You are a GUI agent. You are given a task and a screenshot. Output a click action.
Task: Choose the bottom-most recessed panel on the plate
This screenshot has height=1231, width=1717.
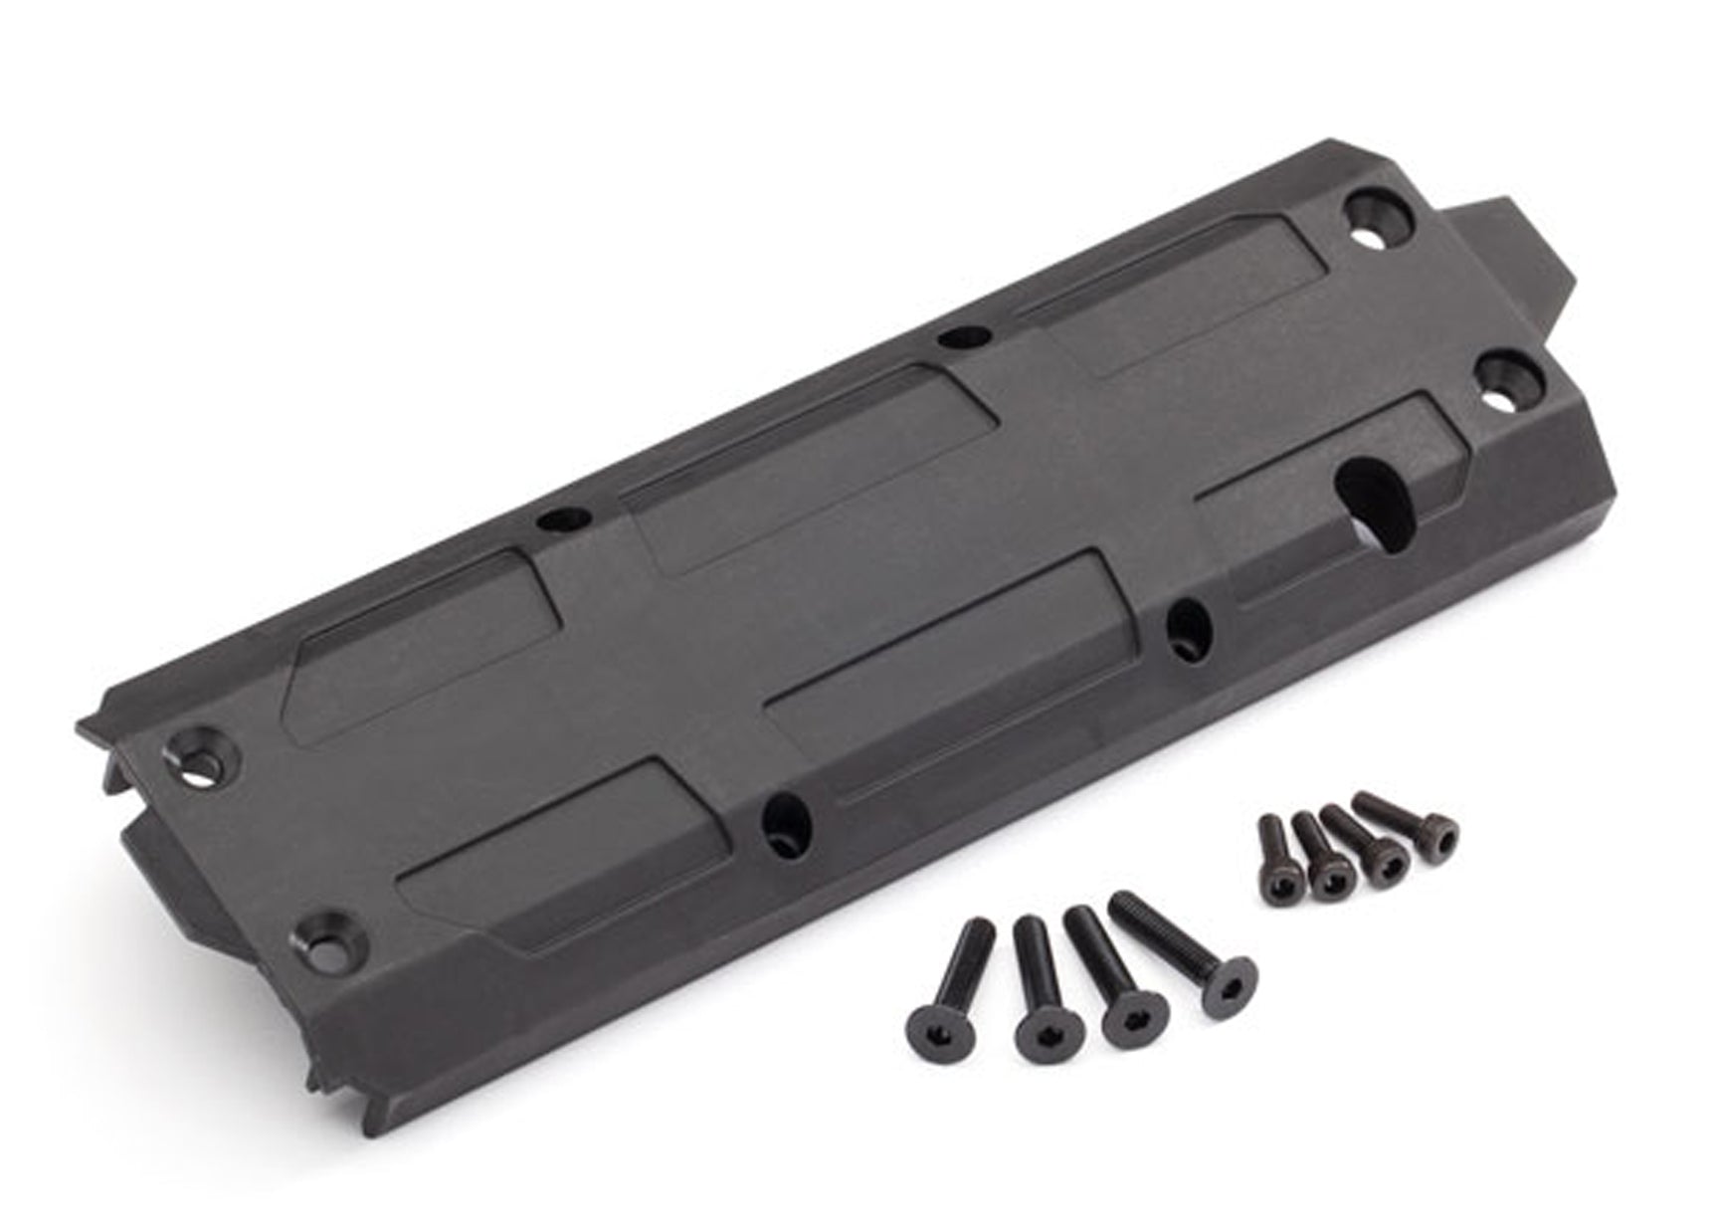[x=557, y=856]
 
